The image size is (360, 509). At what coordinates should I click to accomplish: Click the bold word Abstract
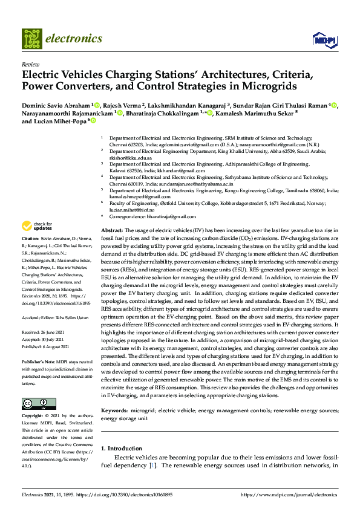tap(113, 232)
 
